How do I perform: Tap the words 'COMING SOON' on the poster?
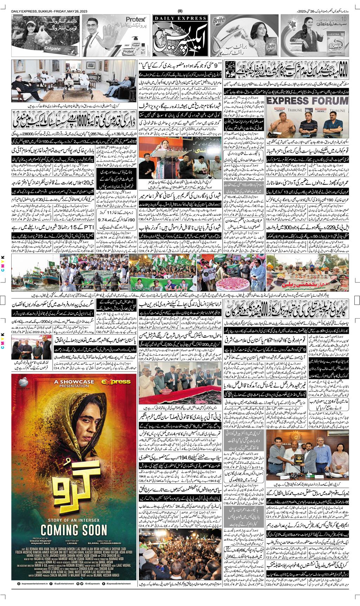[74, 529]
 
